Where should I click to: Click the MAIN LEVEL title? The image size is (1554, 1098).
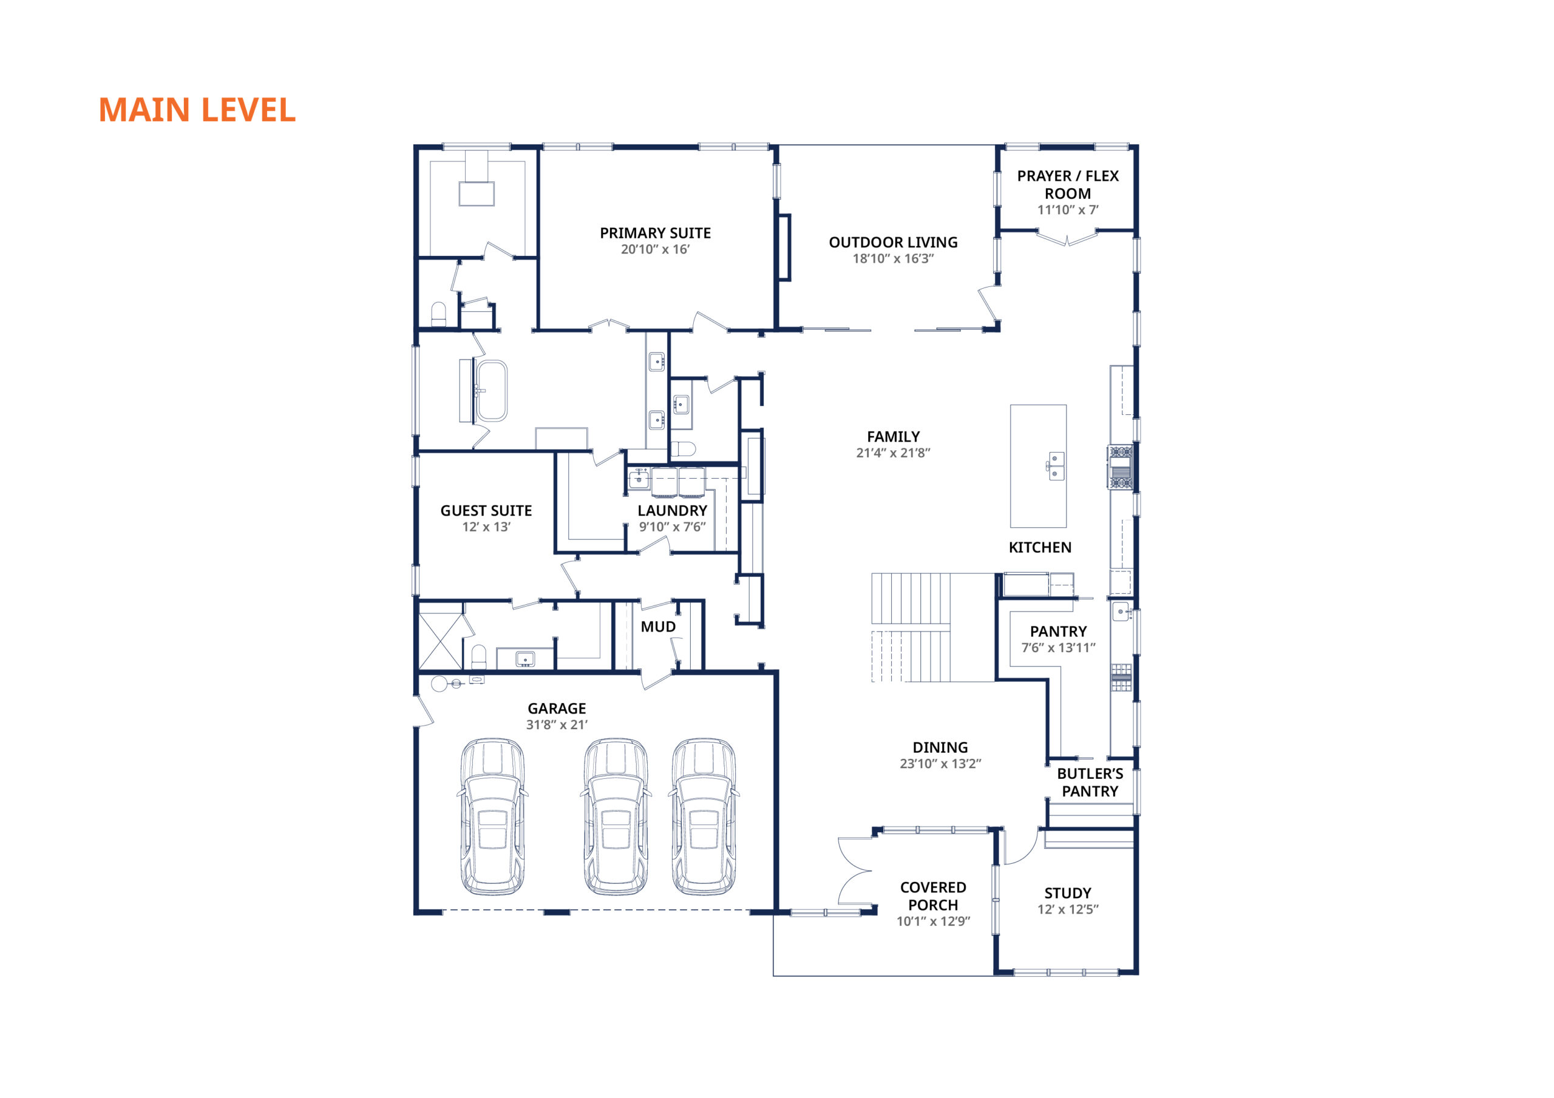[197, 110]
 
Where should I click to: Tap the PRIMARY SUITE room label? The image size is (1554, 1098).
[655, 234]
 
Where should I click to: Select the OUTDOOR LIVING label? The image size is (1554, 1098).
[893, 242]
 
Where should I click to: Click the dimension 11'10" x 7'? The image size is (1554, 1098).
[1067, 211]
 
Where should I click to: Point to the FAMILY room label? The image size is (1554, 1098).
[893, 437]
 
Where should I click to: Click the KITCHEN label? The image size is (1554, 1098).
[1040, 548]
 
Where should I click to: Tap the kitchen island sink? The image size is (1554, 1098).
[1056, 466]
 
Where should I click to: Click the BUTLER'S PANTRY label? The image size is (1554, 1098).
[1090, 783]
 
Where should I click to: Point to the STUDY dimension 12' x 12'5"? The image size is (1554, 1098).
[1067, 910]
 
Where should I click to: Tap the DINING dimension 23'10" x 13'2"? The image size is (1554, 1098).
[940, 764]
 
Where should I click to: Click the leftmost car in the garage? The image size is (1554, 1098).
[492, 817]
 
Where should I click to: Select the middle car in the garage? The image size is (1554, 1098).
[616, 817]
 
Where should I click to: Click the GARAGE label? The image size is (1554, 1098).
[557, 709]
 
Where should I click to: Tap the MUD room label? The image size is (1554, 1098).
[658, 627]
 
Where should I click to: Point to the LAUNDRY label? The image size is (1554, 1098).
[672, 511]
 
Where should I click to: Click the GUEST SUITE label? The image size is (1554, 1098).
[486, 511]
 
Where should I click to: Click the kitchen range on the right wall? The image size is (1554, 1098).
[1120, 467]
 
